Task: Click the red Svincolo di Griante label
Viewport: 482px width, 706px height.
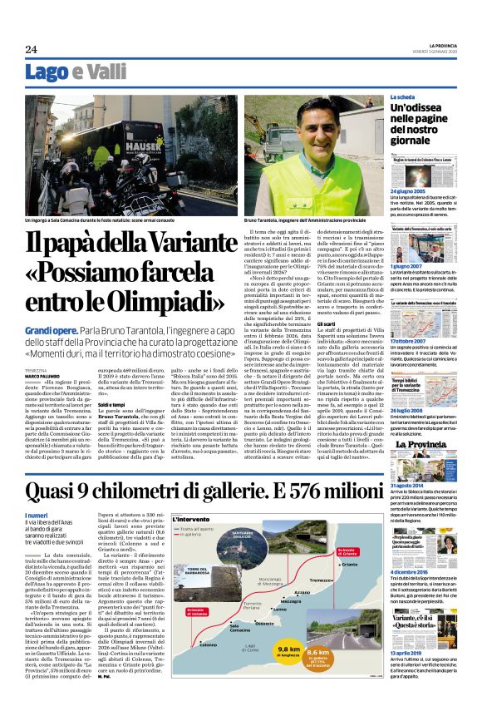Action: pyautogui.click(x=327, y=551)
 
